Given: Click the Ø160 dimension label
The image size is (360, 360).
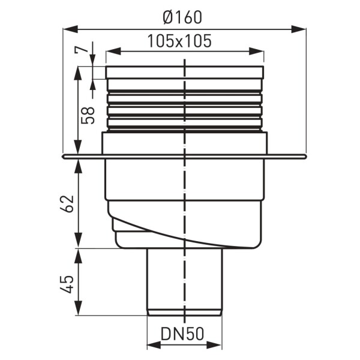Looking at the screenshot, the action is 182,17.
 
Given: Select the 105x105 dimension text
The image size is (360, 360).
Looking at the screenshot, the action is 179,41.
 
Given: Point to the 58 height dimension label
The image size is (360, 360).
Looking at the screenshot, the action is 88,115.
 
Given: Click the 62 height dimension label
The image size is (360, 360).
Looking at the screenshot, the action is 67,204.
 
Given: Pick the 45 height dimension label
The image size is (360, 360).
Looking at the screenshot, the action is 67,284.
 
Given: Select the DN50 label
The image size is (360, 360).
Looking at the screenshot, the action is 182,334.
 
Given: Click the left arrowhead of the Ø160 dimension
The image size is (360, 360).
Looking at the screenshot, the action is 70,29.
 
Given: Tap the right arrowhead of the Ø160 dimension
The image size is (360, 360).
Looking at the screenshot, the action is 298,29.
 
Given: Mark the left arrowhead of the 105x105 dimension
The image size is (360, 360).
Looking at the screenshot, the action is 113,52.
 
